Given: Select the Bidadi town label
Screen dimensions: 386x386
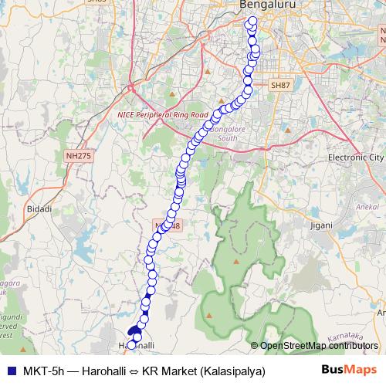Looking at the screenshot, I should [39, 209].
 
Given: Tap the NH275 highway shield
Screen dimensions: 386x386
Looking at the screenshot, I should [78, 156].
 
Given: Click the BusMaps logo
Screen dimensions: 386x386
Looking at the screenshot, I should [349, 371].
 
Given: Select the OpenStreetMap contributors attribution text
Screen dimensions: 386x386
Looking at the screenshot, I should [318, 346].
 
